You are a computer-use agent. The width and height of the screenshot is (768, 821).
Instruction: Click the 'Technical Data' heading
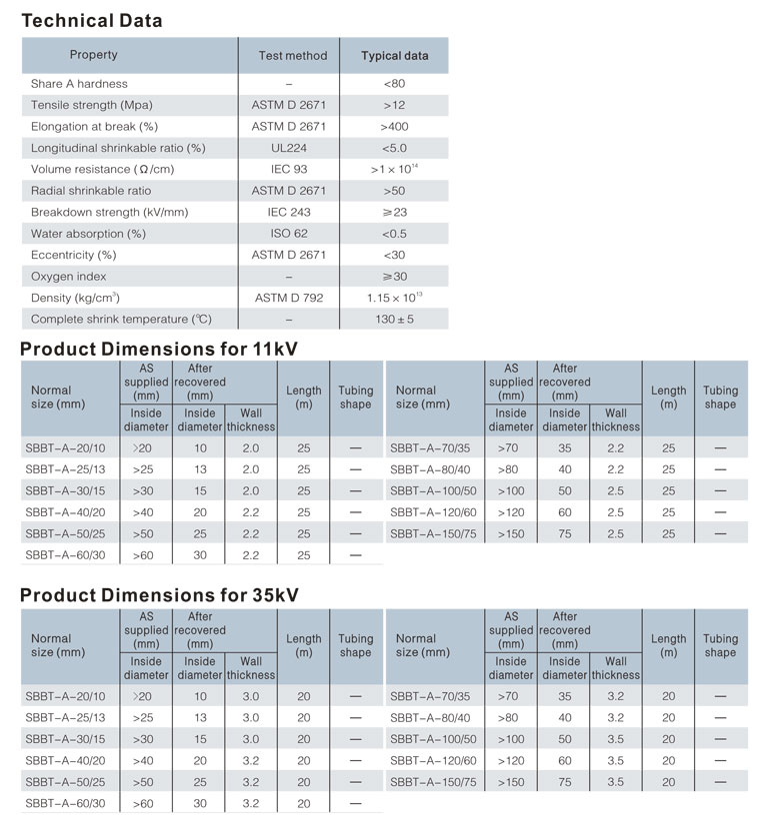[91, 20]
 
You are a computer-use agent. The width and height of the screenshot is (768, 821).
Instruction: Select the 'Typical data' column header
[394, 56]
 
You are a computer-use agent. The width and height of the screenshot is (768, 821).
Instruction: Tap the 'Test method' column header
[292, 56]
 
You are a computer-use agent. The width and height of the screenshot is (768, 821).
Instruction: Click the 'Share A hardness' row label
[79, 84]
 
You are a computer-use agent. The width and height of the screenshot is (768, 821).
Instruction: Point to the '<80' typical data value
[394, 84]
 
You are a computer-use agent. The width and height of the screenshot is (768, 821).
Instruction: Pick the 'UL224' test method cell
[288, 148]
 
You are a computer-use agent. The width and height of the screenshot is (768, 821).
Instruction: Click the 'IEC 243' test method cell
[289, 212]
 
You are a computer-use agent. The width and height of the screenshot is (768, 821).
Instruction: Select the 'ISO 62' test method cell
[288, 234]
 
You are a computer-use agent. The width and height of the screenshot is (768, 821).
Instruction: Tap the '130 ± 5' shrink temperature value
[394, 320]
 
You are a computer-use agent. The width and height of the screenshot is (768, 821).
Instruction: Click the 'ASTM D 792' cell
[289, 298]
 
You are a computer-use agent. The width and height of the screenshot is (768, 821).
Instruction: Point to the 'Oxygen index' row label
[68, 277]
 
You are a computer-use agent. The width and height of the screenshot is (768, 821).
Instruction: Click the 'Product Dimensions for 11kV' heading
[159, 349]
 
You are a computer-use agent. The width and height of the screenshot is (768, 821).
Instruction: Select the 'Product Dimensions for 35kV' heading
[159, 595]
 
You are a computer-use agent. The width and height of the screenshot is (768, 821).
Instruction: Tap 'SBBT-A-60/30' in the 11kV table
[63, 555]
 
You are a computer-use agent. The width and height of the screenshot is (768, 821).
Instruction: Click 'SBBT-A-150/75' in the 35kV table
[432, 782]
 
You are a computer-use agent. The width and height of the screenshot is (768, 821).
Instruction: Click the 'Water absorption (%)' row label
[88, 234]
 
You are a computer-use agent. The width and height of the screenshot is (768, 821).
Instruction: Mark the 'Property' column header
[93, 55]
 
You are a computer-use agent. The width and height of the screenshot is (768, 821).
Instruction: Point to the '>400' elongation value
[394, 127]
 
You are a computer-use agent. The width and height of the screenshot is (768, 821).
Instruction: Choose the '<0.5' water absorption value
[394, 234]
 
